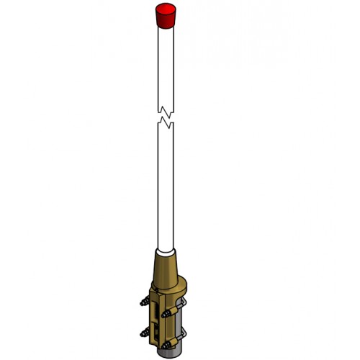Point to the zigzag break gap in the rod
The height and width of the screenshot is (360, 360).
click(166, 116)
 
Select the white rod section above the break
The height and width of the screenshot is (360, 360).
click(166, 65)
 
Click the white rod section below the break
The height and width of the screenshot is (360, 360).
click(166, 187)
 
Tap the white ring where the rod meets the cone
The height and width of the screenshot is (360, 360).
click(165, 251)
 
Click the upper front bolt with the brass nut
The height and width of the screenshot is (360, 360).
click(170, 313)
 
